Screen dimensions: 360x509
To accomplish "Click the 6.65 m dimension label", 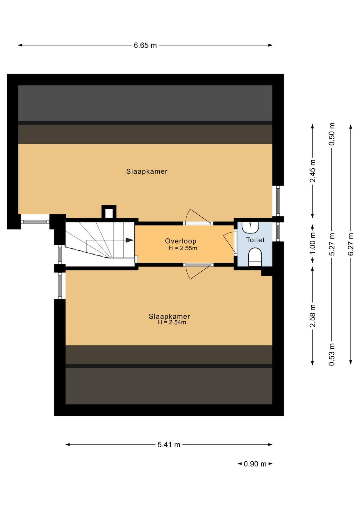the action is pos(145,45).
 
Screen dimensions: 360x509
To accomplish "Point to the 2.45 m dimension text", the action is pos(313,171).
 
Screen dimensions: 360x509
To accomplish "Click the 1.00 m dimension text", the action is pos(313,243).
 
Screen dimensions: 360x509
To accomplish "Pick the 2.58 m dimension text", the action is pos(313,316).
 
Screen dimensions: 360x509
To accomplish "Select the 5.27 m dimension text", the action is pos(332,244).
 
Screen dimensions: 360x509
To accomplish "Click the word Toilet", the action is pos(255,240).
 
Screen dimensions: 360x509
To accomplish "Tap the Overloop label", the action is pos(181,241).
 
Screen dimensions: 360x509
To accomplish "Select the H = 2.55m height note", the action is pos(183,248).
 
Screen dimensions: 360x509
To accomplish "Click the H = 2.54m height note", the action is pos(172,322).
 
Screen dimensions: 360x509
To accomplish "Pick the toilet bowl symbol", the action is pos(255,257).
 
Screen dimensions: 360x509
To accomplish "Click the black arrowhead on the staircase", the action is pos(129,240).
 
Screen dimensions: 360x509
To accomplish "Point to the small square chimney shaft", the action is pos(109,212).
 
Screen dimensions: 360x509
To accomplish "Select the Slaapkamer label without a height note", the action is pos(147,171).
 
